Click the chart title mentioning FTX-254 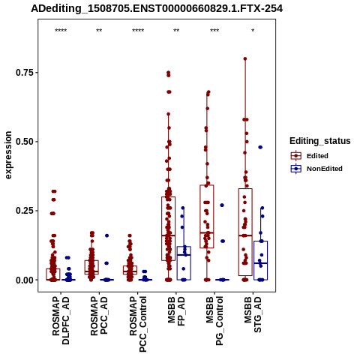coord(157,9)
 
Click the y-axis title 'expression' coord(8,155)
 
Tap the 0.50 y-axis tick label coord(25,142)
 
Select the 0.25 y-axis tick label coord(25,211)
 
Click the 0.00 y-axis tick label coord(25,280)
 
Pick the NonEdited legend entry coord(316,169)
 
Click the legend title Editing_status coord(320,141)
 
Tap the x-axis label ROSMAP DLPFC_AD coord(61,320)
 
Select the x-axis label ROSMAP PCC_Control coord(138,324)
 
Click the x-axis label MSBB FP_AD coord(176,311)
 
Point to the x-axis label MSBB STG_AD coord(253,314)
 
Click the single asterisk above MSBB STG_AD coord(253,31)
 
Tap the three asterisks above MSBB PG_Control coord(214,31)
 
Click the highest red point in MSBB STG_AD coord(245,59)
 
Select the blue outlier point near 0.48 coord(260,147)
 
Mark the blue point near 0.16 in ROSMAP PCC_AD coord(106,235)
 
